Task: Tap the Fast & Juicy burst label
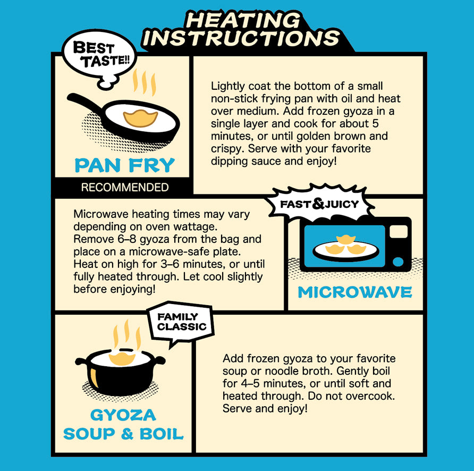coord(319,204)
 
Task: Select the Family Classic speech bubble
coord(181,322)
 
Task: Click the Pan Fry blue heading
coord(124,165)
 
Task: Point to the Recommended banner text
coord(124,187)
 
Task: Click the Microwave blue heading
coord(355,292)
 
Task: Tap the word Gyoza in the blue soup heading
coord(123,415)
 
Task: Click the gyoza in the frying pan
coord(140,119)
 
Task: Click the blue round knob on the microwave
coord(398,262)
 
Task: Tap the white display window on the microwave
coord(399,231)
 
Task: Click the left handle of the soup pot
coord(81,361)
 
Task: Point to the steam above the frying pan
coord(145,82)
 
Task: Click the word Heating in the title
coord(242,21)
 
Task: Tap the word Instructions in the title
coord(241,38)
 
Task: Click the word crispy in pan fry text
coord(227,149)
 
